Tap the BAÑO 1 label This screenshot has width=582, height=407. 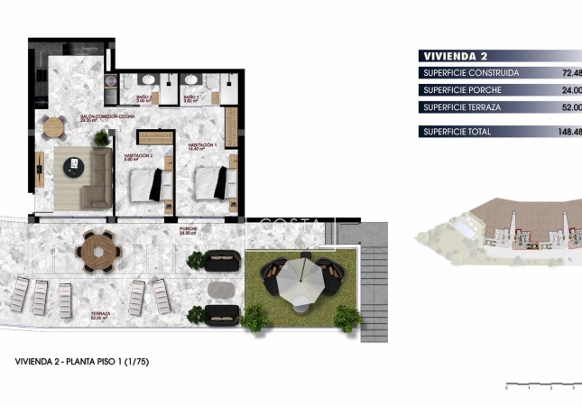191,98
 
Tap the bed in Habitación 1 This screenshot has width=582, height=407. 213,183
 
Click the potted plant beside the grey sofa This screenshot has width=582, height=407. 101,138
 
